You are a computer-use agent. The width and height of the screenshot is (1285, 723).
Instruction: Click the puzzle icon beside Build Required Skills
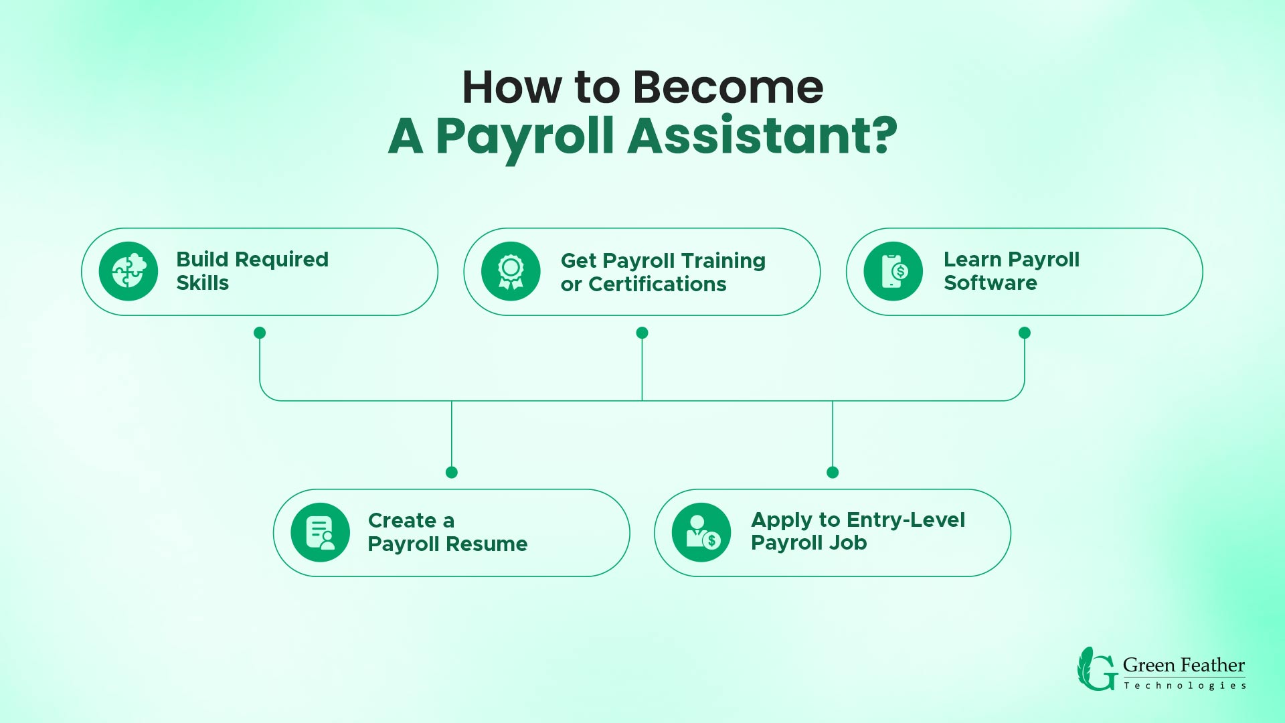pyautogui.click(x=128, y=271)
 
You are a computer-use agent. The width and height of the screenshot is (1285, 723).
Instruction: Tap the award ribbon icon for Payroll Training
pyautogui.click(x=511, y=271)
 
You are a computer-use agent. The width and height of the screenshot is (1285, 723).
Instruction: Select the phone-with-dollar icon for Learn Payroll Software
pyautogui.click(x=893, y=271)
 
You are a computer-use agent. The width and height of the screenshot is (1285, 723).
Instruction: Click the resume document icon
pyautogui.click(x=320, y=532)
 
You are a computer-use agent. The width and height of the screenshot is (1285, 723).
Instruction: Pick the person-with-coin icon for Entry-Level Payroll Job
pyautogui.click(x=701, y=532)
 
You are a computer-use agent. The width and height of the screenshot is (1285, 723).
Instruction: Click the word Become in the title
pyautogui.click(x=727, y=88)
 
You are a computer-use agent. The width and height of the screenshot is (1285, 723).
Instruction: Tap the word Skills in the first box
pyautogui.click(x=202, y=283)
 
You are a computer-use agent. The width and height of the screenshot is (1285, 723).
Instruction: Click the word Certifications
pyautogui.click(x=657, y=285)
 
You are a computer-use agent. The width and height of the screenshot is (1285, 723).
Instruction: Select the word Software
pyautogui.click(x=990, y=283)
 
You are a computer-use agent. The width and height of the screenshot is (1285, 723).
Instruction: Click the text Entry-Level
pyautogui.click(x=906, y=520)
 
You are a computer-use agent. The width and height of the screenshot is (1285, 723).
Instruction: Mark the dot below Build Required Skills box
pyautogui.click(x=260, y=333)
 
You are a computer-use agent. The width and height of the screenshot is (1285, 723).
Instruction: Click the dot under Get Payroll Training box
pyautogui.click(x=642, y=333)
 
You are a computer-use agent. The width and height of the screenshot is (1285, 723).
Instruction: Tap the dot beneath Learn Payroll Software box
pyautogui.click(x=1024, y=333)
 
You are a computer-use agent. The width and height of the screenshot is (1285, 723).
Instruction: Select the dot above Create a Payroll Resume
pyautogui.click(x=452, y=473)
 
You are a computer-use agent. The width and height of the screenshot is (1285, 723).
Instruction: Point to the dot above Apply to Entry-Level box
pyautogui.click(x=833, y=473)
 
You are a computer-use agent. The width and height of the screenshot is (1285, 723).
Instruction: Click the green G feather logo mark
pyautogui.click(x=1096, y=669)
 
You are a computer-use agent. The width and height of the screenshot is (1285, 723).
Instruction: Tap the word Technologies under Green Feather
pyautogui.click(x=1185, y=686)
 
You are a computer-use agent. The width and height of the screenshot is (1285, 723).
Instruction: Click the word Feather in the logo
pyautogui.click(x=1213, y=665)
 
